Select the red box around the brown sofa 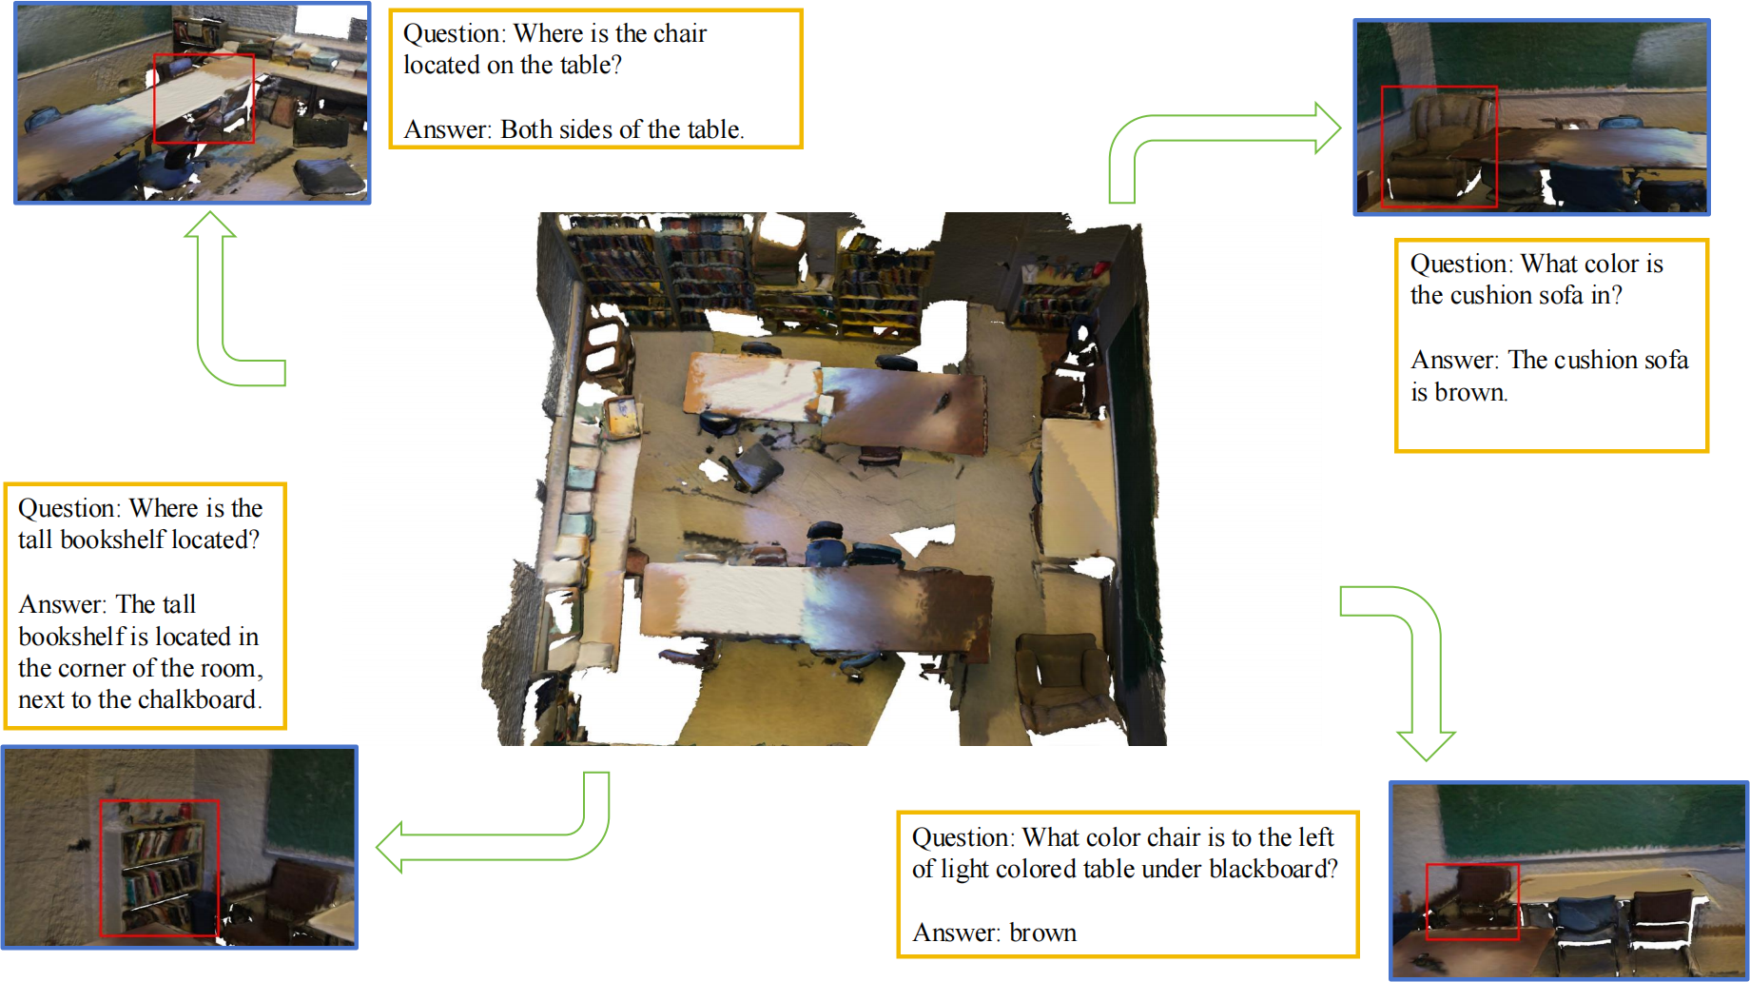1382,147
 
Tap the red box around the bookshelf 101,868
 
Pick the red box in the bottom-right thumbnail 1427,902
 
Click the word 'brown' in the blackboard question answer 1042,933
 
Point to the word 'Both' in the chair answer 526,129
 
